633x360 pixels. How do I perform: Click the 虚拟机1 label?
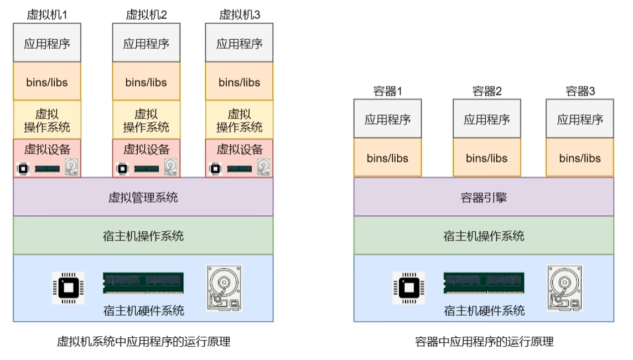point(47,15)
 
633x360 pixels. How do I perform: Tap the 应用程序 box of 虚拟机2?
point(146,43)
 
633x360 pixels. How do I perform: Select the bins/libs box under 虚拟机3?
point(239,82)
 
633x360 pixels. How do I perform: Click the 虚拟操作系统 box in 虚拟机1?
point(47,120)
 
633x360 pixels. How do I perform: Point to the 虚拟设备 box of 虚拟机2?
point(146,149)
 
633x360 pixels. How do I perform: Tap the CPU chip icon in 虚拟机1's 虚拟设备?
point(23,168)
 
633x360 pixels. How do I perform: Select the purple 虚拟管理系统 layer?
point(143,197)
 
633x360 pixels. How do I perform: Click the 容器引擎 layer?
point(484,197)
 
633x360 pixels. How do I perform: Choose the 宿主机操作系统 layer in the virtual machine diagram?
point(143,236)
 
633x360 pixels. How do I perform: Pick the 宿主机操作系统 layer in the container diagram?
point(484,236)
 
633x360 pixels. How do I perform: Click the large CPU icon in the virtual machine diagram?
point(68,288)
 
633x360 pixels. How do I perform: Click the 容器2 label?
point(487,91)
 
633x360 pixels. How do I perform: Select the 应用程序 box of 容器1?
point(387,119)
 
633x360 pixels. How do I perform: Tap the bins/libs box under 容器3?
point(580,158)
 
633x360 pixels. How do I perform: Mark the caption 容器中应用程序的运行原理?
point(484,342)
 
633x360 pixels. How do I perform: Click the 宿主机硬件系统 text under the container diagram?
point(484,311)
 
